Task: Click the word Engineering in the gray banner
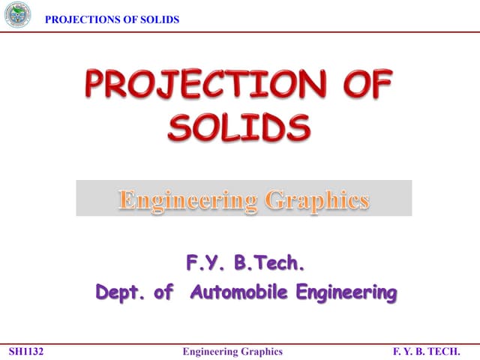coord(181,200)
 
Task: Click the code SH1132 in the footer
coord(26,351)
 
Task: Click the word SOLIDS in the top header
coord(159,19)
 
